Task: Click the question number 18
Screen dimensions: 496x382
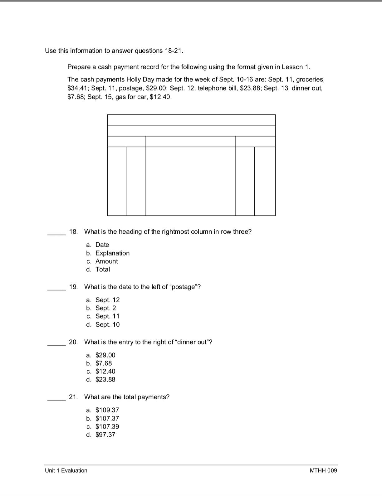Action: coord(73,232)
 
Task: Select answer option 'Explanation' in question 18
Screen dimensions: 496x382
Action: coord(112,253)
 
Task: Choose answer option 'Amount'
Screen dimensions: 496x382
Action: coord(106,261)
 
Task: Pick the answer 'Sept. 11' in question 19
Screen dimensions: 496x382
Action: coord(107,316)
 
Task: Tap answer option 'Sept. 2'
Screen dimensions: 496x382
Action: coord(105,308)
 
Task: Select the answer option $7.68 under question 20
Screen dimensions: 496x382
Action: coord(103,363)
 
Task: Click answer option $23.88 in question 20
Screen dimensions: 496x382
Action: coord(105,380)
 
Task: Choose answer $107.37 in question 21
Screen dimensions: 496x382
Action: coord(107,419)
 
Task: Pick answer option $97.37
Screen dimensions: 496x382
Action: coord(105,435)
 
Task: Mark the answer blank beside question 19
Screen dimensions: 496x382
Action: coord(56,289)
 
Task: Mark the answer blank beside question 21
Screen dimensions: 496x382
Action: coord(56,400)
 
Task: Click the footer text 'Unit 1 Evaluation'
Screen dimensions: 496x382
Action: coord(66,471)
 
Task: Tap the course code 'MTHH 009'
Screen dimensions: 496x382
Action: coord(323,471)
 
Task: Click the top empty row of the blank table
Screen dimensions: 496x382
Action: coord(191,120)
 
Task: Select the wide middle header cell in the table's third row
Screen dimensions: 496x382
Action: coord(190,142)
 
